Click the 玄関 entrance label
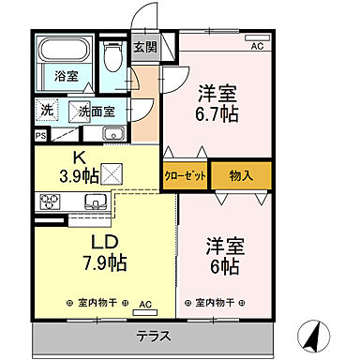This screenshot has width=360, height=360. [143, 48]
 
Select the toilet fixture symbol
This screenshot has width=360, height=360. [113, 58]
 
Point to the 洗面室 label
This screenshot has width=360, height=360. [96, 111]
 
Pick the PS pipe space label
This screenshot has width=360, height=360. [40, 135]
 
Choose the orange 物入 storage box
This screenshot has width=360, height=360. [241, 175]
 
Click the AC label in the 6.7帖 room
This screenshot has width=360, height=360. [258, 45]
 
